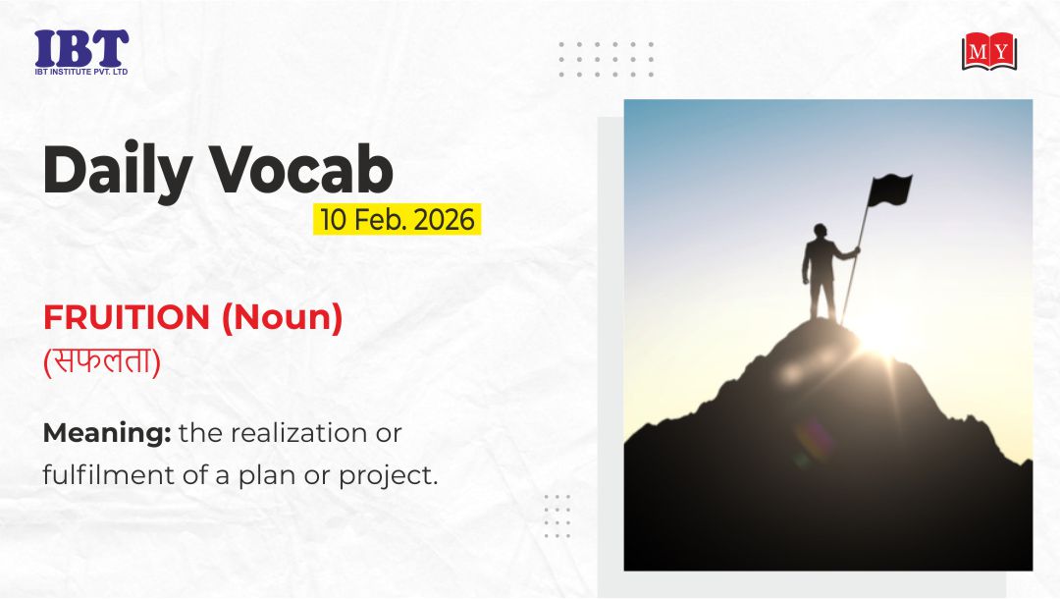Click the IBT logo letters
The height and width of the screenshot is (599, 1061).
point(81,48)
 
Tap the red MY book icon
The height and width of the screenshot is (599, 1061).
point(989,51)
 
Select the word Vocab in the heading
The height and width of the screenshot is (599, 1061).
point(300,169)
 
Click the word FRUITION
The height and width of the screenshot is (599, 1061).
point(127,317)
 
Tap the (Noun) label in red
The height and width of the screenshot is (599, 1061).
point(282,317)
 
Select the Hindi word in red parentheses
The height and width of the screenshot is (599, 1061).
point(102,360)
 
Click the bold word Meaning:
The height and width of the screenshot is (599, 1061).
point(107,433)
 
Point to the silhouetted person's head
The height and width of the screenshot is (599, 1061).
point(821,232)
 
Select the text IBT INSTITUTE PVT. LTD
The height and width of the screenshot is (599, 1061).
point(81,71)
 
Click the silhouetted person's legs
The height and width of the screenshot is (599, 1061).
point(822,298)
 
